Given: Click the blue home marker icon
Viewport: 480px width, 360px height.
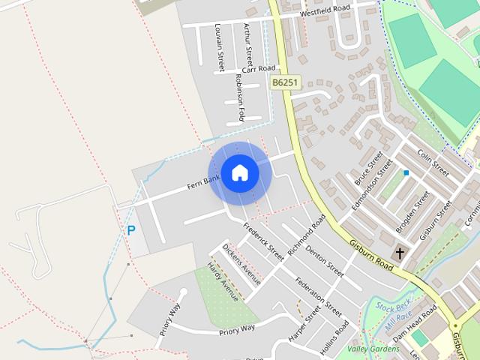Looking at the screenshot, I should tap(239, 172).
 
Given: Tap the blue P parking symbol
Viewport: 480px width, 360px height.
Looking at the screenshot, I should tap(130, 231).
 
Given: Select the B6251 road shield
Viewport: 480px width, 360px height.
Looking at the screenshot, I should tap(286, 82).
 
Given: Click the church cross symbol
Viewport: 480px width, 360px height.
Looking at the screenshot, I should tap(400, 253).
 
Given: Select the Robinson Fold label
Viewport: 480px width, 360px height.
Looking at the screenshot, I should tap(241, 97).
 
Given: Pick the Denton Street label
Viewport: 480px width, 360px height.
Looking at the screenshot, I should tap(324, 256).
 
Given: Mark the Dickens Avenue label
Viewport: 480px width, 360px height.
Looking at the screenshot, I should tap(241, 264).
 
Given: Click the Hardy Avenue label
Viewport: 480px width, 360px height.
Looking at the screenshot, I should tap(223, 281).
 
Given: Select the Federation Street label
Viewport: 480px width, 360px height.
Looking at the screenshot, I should tap(319, 296).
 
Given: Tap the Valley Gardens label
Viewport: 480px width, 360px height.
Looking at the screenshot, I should tap(373, 349).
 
